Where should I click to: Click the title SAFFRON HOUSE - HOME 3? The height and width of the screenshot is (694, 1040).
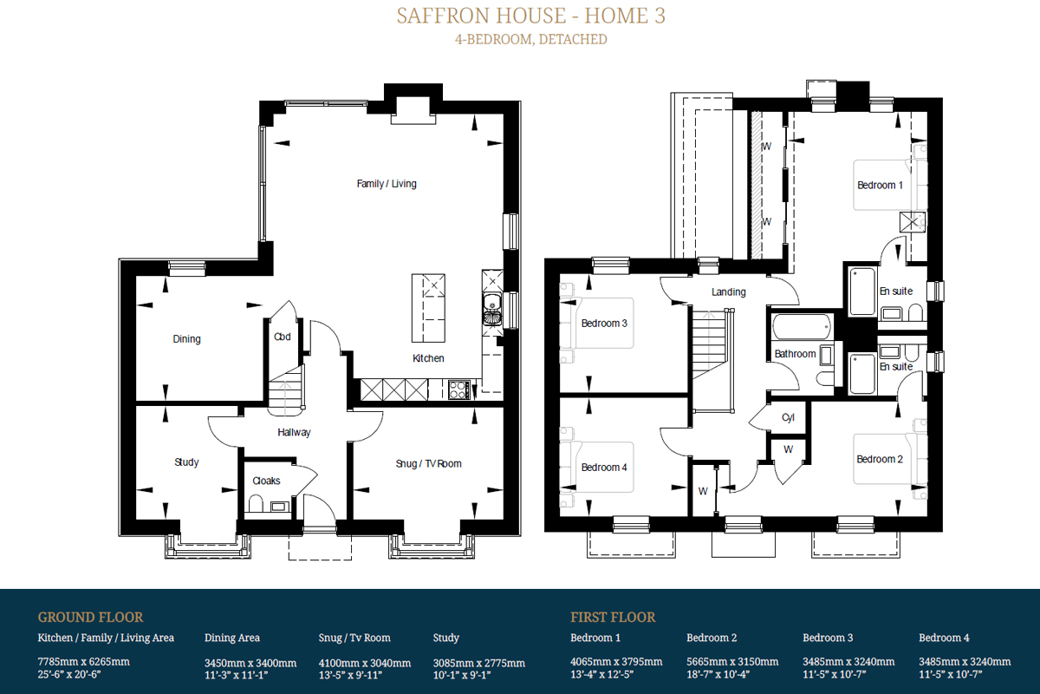point(530,16)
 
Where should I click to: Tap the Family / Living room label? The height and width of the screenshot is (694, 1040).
point(387,184)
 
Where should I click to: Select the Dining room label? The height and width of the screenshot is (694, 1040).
point(186,339)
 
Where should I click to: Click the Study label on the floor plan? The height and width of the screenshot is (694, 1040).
point(186,462)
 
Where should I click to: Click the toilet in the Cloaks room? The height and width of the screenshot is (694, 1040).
point(257,502)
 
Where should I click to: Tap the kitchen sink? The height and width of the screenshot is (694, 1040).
point(491,304)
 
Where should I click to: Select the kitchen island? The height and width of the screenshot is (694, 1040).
point(428,309)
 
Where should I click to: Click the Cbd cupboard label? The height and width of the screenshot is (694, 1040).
point(282,337)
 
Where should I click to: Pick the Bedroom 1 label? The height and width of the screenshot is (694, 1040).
point(880,185)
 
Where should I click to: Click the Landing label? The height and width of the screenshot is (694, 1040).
point(728,292)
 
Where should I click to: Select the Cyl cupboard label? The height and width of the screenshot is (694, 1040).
point(788,417)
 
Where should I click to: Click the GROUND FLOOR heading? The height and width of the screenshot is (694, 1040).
point(90,618)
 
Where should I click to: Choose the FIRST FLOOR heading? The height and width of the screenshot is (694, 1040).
point(613,618)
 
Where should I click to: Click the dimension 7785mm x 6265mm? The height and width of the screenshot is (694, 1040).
point(83,662)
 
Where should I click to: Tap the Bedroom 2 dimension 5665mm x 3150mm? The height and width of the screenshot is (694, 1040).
point(732,662)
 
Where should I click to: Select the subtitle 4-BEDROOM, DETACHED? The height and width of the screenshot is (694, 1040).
point(530,39)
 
